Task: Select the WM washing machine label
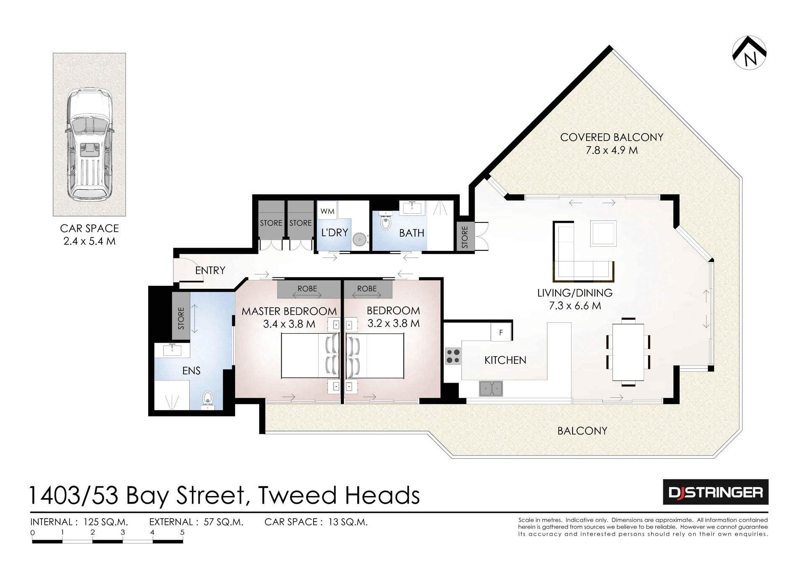327,211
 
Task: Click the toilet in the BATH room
385,220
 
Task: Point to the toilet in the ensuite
208,400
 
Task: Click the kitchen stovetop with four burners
453,356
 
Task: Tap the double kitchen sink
491,388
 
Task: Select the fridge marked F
501,332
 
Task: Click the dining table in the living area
628,352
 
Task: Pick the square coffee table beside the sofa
604,233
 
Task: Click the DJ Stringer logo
716,492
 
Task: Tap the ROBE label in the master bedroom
307,289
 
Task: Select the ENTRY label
210,270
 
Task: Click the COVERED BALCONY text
612,137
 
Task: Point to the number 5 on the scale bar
182,532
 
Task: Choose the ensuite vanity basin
172,350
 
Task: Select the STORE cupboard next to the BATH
465,237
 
